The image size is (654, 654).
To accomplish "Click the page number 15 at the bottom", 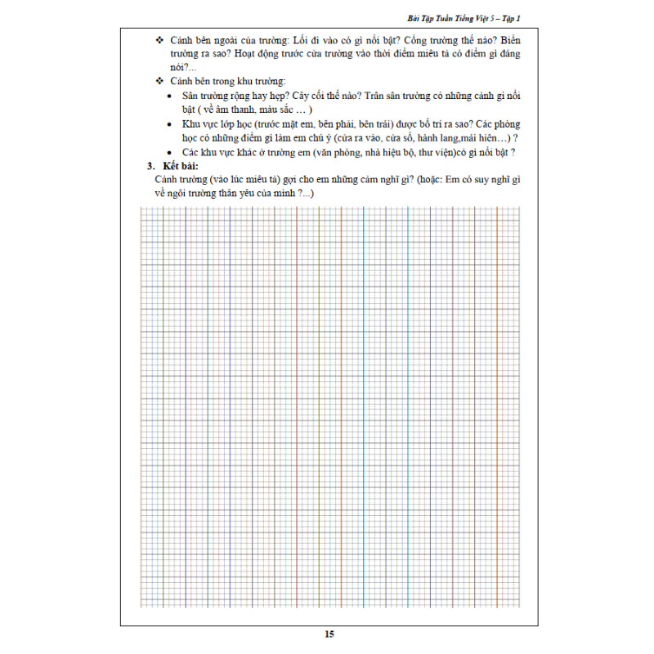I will point(329,634).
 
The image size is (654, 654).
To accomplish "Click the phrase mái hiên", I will point(485,137).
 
